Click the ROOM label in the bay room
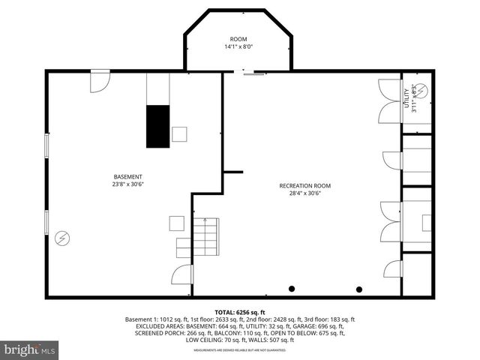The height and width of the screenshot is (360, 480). coord(238,39)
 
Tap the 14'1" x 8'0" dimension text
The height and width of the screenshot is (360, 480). coord(238,47)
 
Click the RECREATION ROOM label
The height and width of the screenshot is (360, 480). coord(304,186)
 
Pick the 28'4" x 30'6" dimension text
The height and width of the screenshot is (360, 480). coord(304,194)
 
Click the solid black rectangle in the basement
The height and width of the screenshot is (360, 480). coord(157,126)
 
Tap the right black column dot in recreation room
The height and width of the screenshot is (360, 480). coord(359,289)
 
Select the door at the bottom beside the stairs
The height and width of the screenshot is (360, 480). coord(181,274)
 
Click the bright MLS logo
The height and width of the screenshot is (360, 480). coord(30,349)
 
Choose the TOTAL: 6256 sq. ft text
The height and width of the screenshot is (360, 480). coord(239,311)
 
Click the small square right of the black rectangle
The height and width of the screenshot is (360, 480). coord(179,133)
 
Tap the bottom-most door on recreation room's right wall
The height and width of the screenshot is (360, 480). coord(392,270)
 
